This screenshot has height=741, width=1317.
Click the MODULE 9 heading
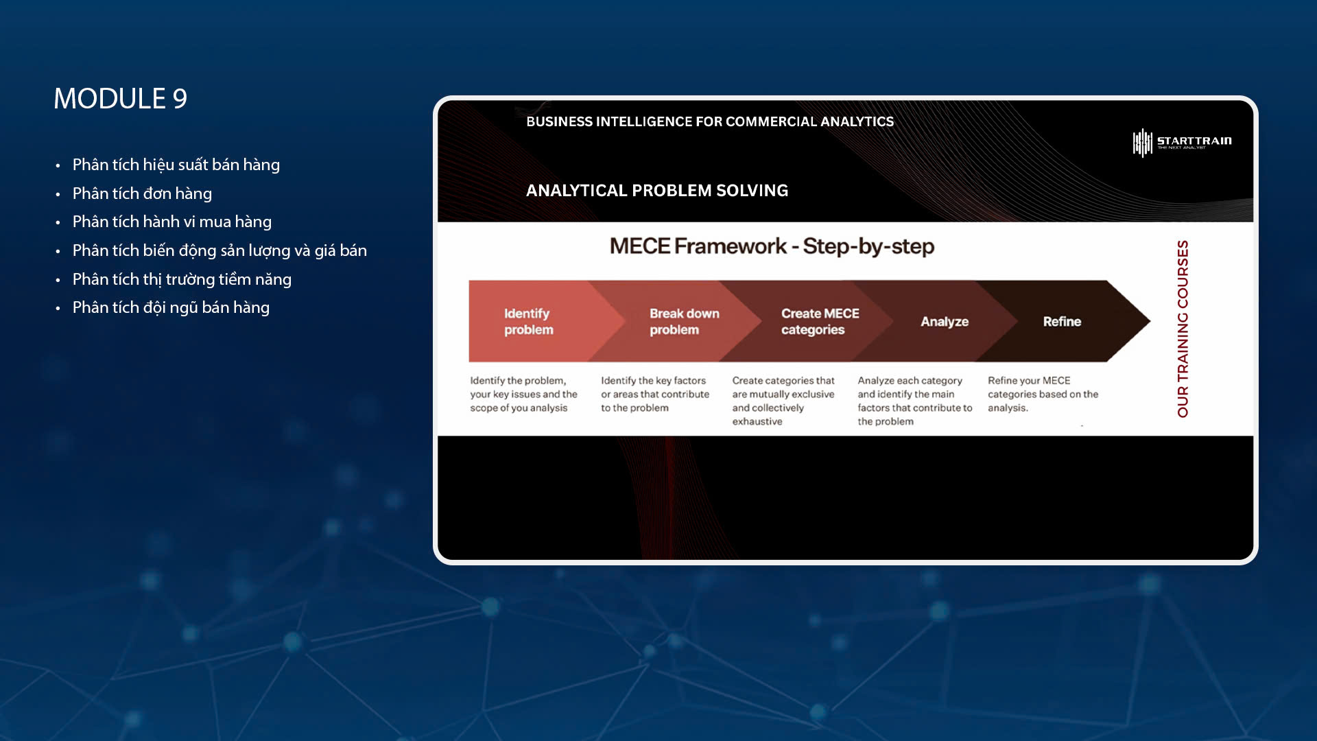point(121,99)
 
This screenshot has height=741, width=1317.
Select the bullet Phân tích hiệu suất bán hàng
point(176,165)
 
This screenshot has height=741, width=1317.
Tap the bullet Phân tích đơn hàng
point(142,194)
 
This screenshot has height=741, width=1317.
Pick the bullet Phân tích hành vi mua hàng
point(172,222)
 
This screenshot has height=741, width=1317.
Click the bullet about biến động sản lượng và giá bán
point(219,251)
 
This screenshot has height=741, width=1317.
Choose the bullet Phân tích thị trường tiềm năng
point(182,280)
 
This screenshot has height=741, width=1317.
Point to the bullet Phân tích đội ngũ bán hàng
point(171,308)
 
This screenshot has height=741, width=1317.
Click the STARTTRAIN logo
point(1182,142)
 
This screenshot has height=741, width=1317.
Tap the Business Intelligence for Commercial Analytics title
point(710,121)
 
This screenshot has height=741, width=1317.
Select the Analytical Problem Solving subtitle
point(657,191)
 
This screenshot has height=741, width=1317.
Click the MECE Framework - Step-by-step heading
point(772,246)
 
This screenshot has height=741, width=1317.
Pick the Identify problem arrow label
point(528,322)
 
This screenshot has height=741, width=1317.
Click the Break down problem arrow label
point(685,322)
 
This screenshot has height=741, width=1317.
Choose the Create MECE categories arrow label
point(820,322)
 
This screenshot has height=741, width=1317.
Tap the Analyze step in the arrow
point(945,322)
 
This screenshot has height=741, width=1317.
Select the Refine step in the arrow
point(1062,322)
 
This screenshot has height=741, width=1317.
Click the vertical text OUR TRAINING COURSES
point(1183,329)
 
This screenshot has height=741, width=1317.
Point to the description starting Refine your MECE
point(1043,394)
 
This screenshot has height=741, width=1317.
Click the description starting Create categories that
point(783,401)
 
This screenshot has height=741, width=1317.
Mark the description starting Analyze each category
point(915,401)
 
